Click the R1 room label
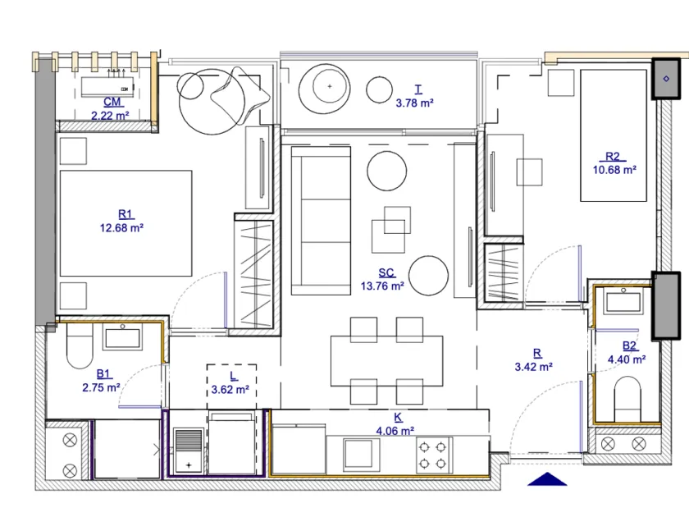[125, 214]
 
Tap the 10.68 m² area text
[614, 170]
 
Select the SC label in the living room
[386, 272]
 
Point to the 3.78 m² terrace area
[414, 103]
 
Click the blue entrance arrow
[546, 479]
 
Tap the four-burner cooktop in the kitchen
[434, 455]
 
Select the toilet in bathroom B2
[627, 399]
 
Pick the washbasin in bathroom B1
[122, 336]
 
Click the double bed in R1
[125, 223]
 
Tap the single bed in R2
[613, 135]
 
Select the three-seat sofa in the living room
[321, 221]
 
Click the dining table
[386, 361]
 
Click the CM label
[112, 102]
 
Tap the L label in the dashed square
[233, 377]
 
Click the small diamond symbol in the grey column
[666, 79]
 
